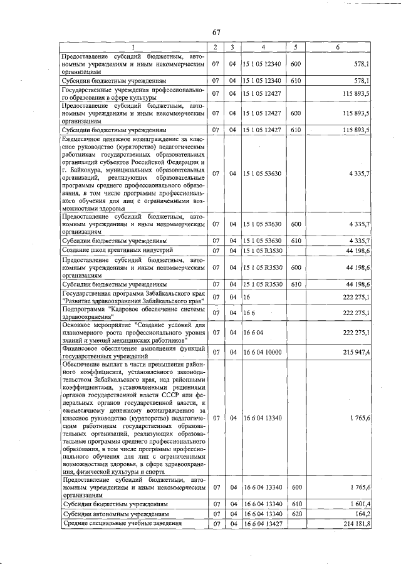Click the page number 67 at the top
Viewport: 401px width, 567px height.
[x=216, y=33]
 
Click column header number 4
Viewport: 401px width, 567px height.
[x=263, y=48]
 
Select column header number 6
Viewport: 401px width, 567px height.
[x=338, y=48]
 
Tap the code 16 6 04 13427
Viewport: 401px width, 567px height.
[x=263, y=524]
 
